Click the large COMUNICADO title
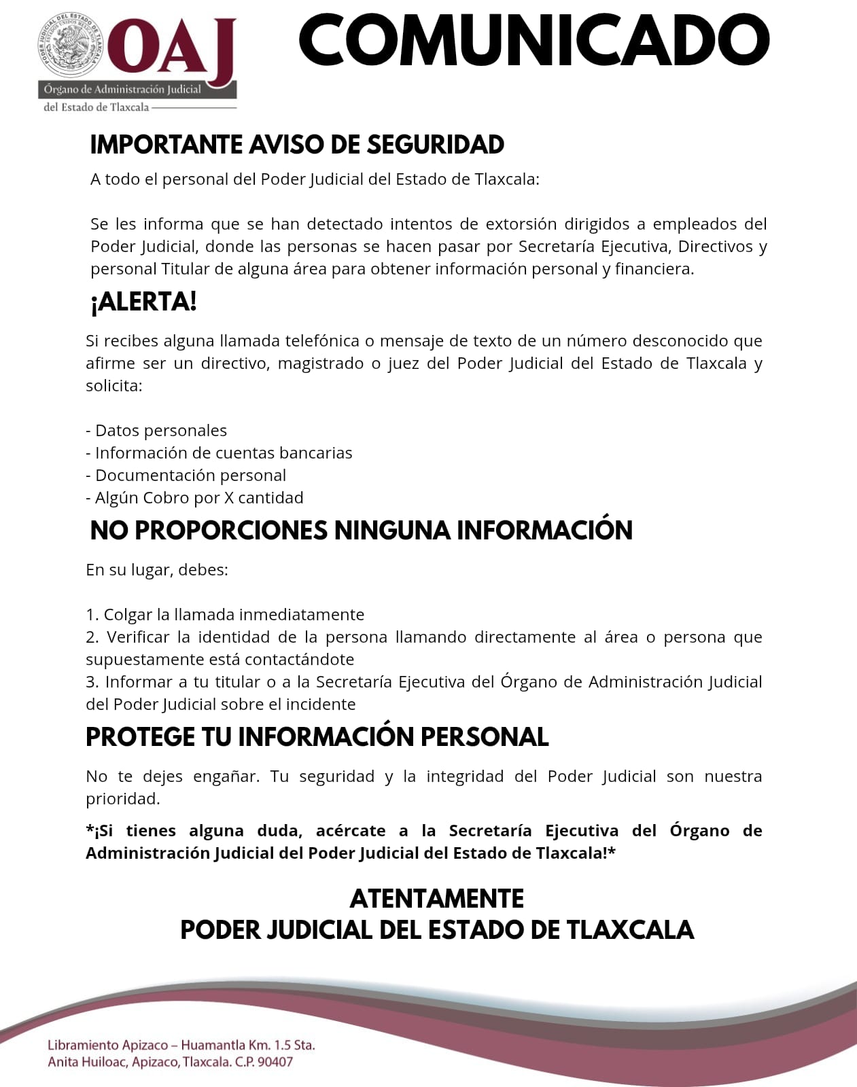point(534,39)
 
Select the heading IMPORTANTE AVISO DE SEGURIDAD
point(297,145)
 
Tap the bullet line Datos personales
point(156,431)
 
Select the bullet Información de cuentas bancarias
point(219,453)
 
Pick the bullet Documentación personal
point(186,476)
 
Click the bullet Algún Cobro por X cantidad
point(194,498)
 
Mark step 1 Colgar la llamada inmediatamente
point(225,615)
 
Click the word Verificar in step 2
point(138,637)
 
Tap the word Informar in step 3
point(139,682)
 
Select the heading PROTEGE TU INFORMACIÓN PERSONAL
point(317,737)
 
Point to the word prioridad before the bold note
point(122,799)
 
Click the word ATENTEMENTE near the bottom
point(436,899)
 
